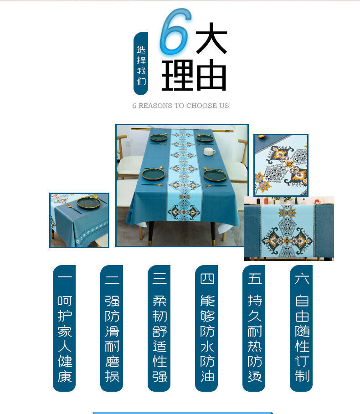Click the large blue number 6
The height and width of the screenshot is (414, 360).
pos(174,33)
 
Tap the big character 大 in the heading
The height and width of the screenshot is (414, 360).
pos(211,38)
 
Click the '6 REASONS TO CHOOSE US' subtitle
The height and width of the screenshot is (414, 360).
pos(180,106)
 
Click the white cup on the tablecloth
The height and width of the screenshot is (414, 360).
pos(209,152)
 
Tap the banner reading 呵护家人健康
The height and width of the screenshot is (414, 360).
pos(64,328)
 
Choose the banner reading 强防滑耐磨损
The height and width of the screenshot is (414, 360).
pos(112,328)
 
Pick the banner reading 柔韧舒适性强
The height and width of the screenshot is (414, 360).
pos(159,328)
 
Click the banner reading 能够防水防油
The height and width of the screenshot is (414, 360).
pos(206,328)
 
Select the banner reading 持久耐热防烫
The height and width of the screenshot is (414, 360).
pos(254,328)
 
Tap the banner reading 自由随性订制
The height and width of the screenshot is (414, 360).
pos(301,328)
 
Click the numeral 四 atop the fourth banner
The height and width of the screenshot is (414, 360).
pos(207,278)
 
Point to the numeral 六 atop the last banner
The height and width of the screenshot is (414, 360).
pos(302,278)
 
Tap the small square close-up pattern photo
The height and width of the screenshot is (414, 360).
pos(281,165)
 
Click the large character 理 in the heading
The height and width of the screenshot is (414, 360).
pos(178,75)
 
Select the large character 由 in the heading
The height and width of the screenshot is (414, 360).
pos(211,75)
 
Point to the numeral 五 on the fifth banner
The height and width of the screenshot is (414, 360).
pos(254,278)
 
